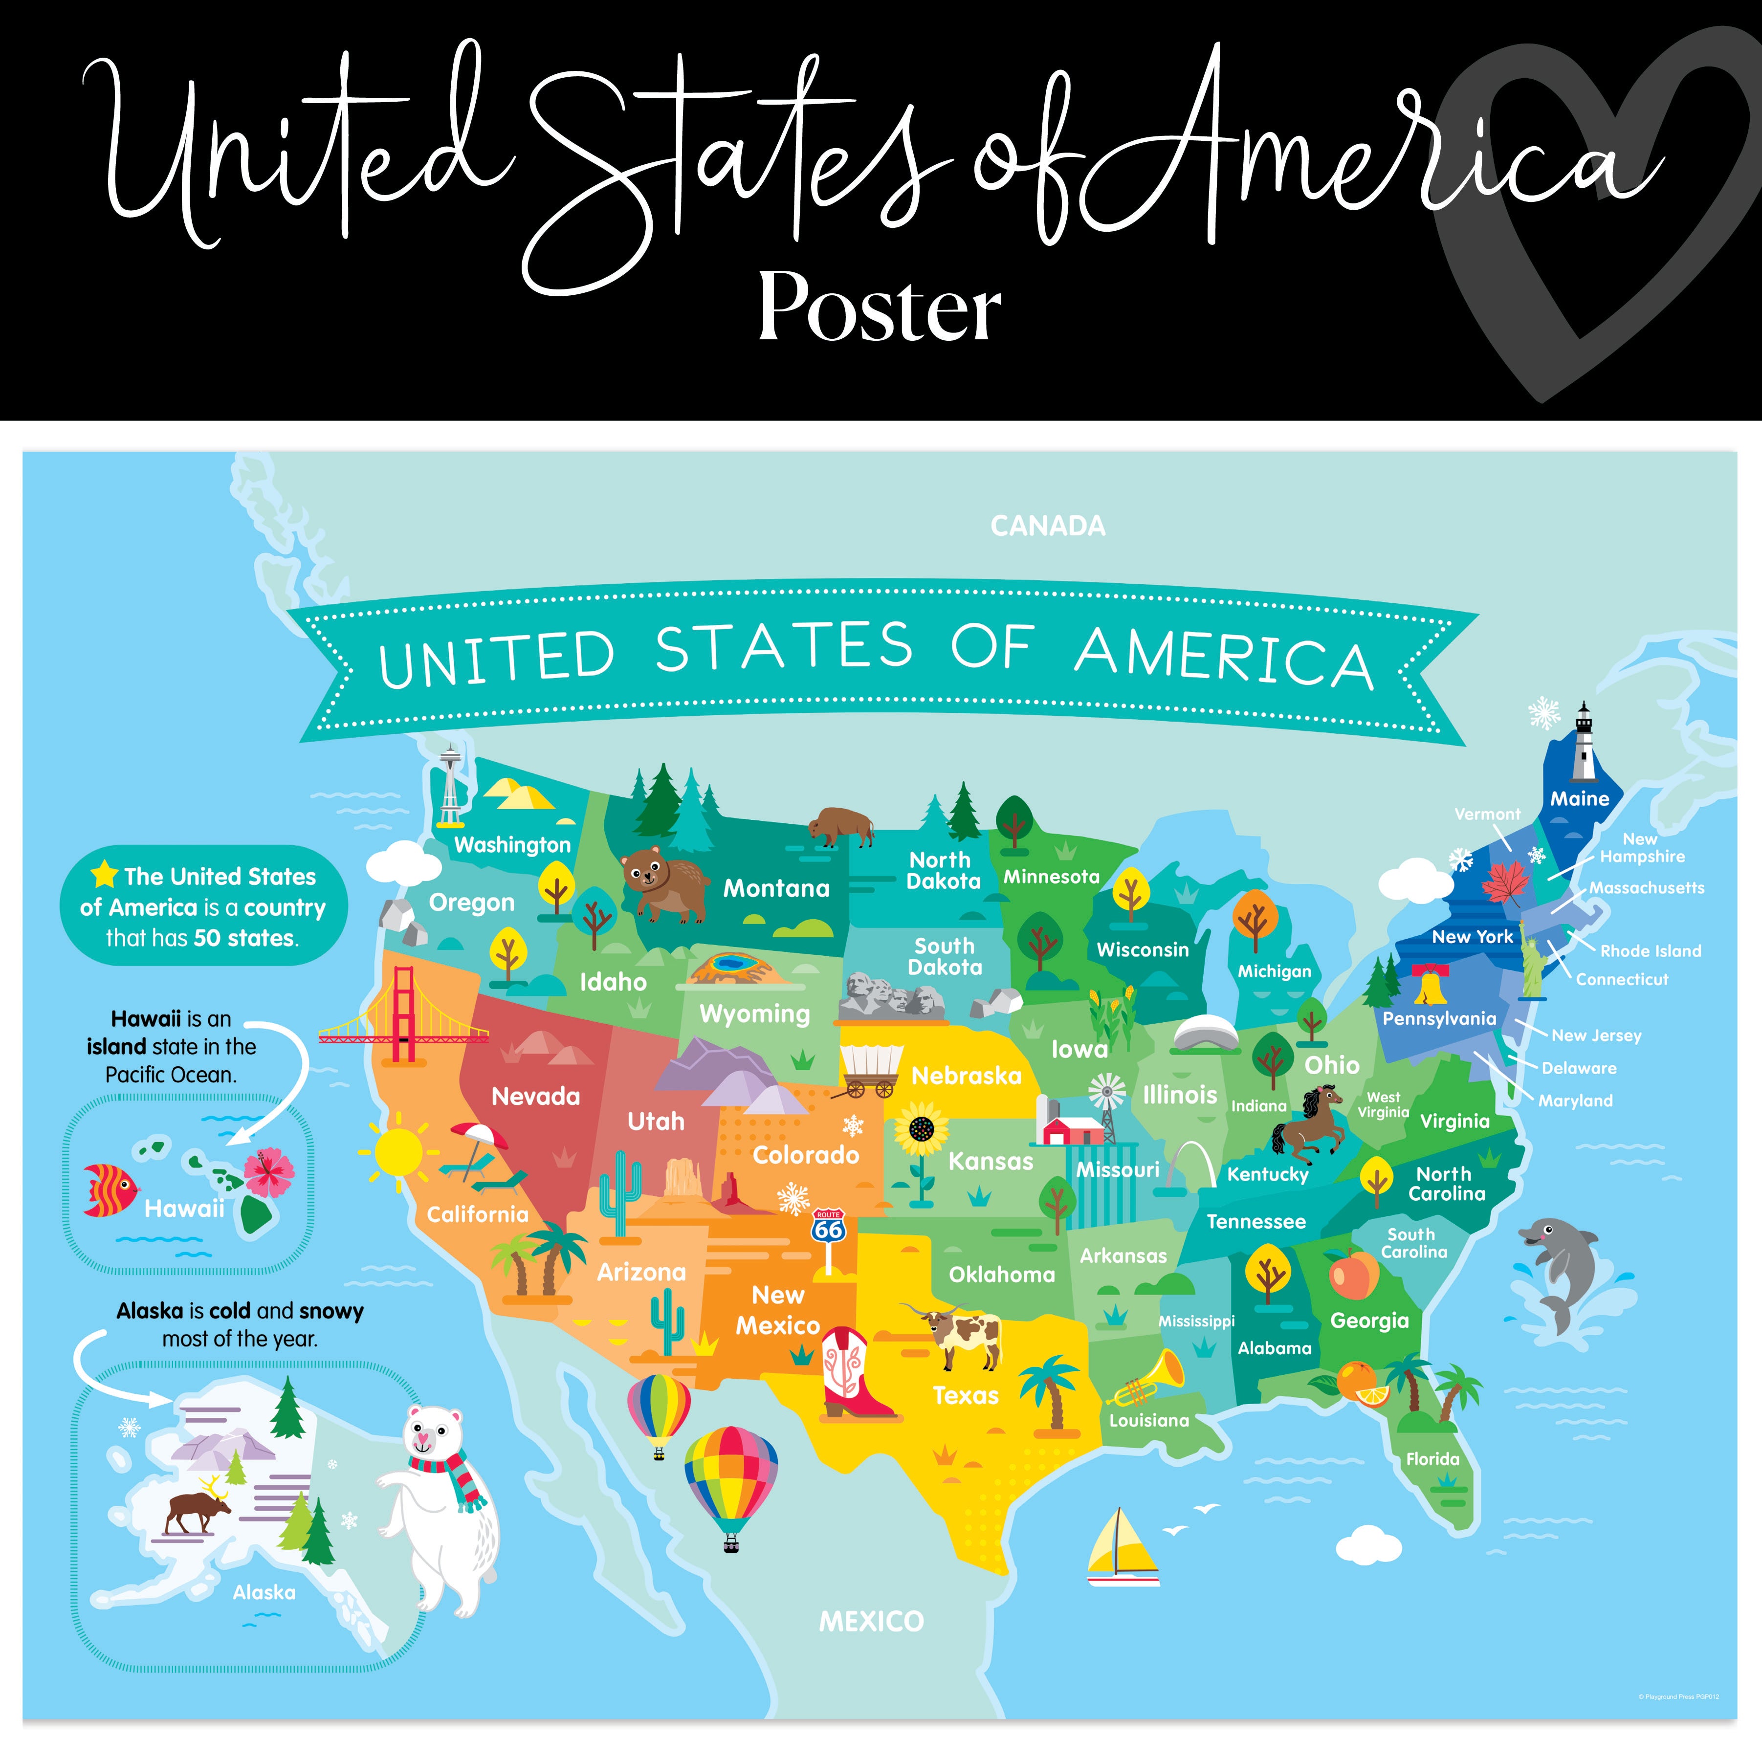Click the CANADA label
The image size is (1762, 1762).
[x=1047, y=526]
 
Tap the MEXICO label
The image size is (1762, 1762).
[x=871, y=1622]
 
